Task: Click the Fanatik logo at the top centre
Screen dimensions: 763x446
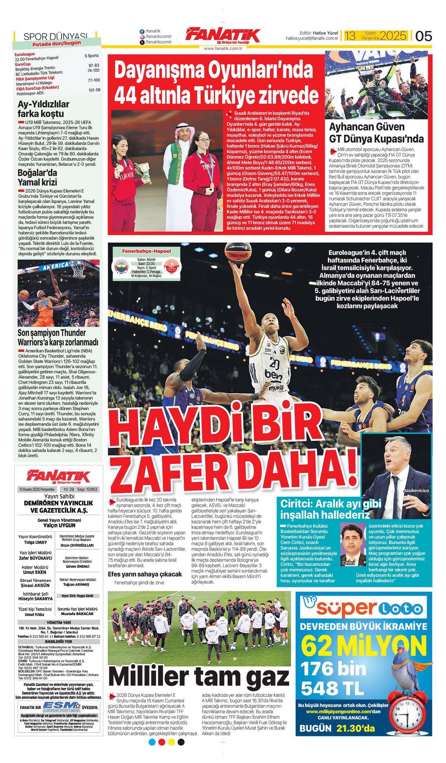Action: click(x=223, y=36)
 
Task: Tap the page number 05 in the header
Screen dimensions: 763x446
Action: click(x=423, y=36)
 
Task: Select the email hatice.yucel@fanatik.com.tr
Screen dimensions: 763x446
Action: click(x=312, y=38)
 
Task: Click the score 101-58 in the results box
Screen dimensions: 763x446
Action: click(x=94, y=90)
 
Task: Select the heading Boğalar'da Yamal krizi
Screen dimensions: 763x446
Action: click(x=38, y=177)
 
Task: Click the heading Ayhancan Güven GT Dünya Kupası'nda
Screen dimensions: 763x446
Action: click(x=376, y=132)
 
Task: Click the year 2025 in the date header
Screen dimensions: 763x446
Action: click(x=393, y=36)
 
